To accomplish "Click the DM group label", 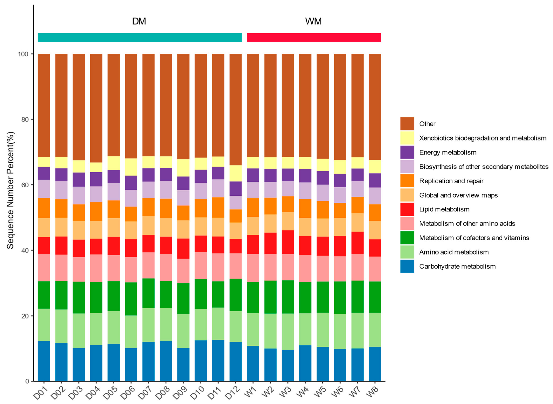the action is click(x=139, y=21).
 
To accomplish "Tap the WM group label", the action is click(x=313, y=21).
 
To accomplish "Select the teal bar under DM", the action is click(x=140, y=37).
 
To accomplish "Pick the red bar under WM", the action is click(x=314, y=37).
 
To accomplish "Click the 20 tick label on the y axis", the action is click(x=25, y=316).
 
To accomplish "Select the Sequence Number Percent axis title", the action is click(x=10, y=190).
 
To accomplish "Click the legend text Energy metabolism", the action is click(x=448, y=152).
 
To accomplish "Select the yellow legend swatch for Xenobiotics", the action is click(x=407, y=138).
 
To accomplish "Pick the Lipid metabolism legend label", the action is click(x=444, y=209).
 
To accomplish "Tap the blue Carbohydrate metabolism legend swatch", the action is click(x=407, y=266).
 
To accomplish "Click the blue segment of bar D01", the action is click(x=44, y=361).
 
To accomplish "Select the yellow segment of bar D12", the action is click(x=236, y=173).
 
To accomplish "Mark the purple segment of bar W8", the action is click(x=375, y=180).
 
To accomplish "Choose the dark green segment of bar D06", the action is click(x=131, y=299).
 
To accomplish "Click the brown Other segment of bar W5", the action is click(x=322, y=106).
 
